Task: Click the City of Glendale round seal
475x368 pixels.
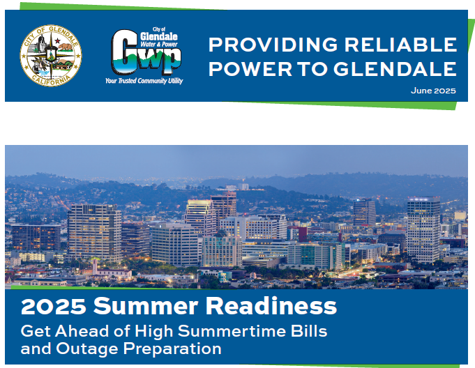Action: coord(50,55)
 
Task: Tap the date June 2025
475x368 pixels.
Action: coord(433,91)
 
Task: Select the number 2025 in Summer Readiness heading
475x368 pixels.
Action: coord(53,306)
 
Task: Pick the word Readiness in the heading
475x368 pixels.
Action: coord(271,306)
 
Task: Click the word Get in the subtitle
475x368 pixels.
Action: coord(34,330)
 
